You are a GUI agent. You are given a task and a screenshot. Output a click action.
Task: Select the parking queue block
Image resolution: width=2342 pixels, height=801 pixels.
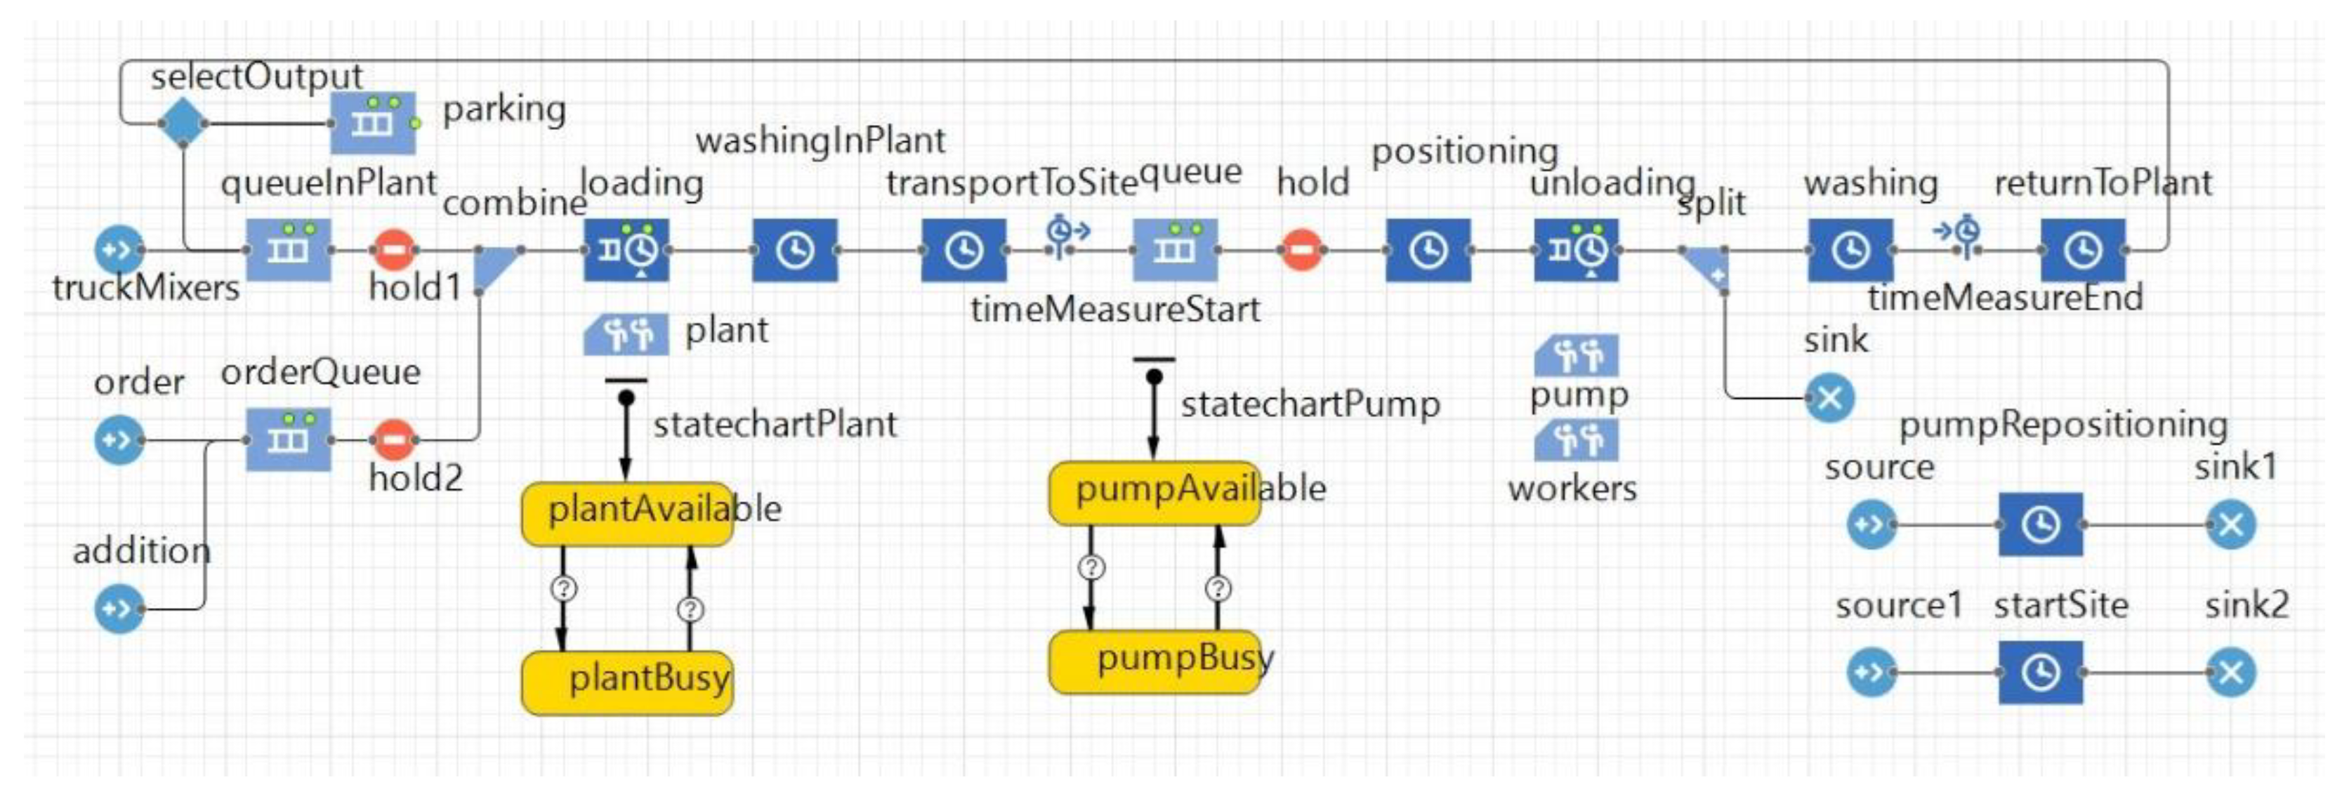coord(373,123)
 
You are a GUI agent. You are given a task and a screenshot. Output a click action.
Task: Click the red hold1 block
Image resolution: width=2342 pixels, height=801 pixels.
coord(394,250)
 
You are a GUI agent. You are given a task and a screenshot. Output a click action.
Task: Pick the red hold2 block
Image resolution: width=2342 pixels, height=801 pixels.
coord(394,440)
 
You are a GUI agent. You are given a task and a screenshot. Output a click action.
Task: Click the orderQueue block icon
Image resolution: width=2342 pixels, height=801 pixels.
coord(288,440)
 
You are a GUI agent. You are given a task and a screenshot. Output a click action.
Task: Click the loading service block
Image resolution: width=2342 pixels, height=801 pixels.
coord(626,250)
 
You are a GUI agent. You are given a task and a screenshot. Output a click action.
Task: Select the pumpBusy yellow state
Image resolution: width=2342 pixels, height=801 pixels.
coord(1154,662)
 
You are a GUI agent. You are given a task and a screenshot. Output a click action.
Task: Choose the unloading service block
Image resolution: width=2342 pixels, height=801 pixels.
coord(1577,250)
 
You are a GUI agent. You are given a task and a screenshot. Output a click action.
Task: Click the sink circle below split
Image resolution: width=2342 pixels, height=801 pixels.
coord(1829,398)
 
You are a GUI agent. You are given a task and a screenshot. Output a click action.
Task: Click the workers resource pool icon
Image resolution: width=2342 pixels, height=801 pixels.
coord(1577,441)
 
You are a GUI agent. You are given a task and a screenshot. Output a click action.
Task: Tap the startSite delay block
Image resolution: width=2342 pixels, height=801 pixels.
coord(2041,673)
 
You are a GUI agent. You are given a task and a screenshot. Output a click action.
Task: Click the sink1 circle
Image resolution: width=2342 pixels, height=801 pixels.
coord(2231,524)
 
